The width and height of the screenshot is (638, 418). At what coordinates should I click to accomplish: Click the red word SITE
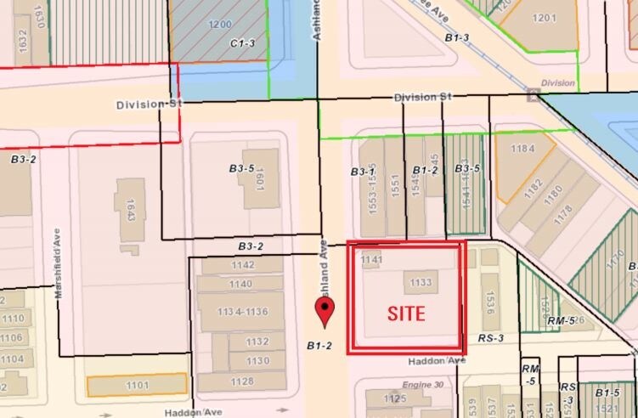tap(406, 313)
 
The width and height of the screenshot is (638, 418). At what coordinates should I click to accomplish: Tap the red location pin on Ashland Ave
tap(324, 311)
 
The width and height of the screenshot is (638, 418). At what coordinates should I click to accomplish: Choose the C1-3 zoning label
tap(243, 42)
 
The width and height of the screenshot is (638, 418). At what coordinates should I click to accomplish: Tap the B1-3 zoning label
tap(457, 37)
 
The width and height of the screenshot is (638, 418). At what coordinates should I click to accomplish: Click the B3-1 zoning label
tap(364, 172)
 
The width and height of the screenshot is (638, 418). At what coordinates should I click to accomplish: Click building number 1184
tap(522, 150)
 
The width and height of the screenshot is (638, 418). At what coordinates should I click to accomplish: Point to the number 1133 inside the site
tap(421, 282)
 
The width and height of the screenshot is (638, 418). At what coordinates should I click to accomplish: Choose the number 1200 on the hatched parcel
tap(221, 24)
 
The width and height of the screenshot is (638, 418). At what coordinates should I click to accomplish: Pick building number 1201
tap(544, 17)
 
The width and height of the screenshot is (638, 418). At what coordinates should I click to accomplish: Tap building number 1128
tap(240, 381)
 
